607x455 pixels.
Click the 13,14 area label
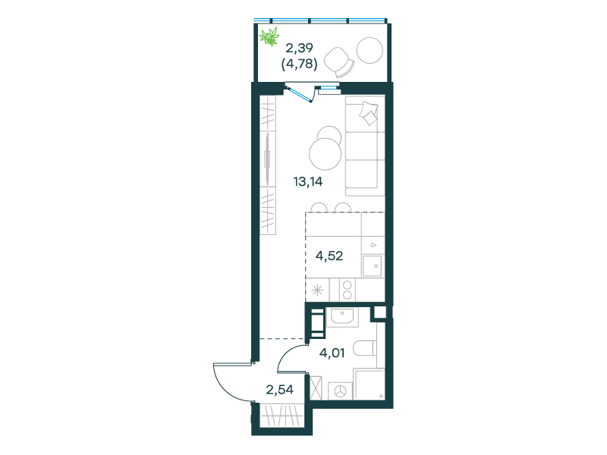pyautogui.click(x=308, y=181)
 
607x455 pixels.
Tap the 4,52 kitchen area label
pyautogui.click(x=329, y=256)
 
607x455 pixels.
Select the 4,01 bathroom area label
pyautogui.click(x=332, y=353)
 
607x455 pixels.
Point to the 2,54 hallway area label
pyautogui.click(x=279, y=389)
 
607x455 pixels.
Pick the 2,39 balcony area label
pyautogui.click(x=299, y=48)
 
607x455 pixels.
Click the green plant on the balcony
pyautogui.click(x=269, y=36)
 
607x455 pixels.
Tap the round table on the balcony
pyautogui.click(x=370, y=50)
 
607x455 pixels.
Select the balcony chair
pyautogui.click(x=338, y=62)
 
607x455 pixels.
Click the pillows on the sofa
pyautogui.click(x=368, y=113)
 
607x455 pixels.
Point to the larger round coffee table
pyautogui.click(x=326, y=154)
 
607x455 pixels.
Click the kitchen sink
pyautogui.click(x=373, y=266)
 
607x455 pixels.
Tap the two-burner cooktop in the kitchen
pyautogui.click(x=348, y=290)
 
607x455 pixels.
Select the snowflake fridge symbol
pyautogui.click(x=317, y=290)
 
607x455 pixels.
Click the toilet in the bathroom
pyautogui.click(x=365, y=348)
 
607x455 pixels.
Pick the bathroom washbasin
pyautogui.click(x=343, y=317)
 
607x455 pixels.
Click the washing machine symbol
pyautogui.click(x=340, y=391)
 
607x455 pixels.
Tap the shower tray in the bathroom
pyautogui.click(x=369, y=384)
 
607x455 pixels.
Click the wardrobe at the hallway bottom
pyautogui.click(x=281, y=415)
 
